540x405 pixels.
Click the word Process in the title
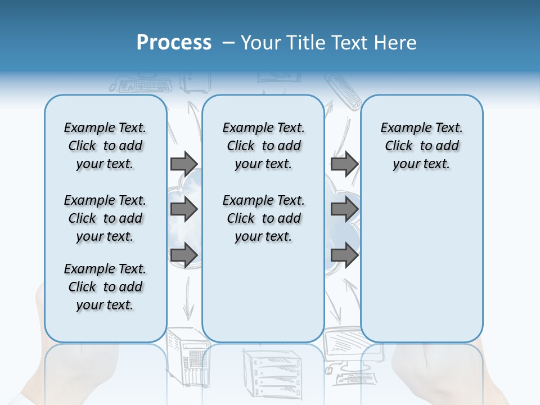click(x=174, y=42)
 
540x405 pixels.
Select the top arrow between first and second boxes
click(x=184, y=164)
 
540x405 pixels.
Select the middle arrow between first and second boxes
click(x=184, y=209)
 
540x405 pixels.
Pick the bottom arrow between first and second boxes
click(x=184, y=255)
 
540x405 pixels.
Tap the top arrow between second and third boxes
click(x=344, y=164)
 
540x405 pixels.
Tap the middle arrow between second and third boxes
click(x=344, y=209)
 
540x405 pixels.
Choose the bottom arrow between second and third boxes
click(x=344, y=255)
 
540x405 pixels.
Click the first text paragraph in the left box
click(x=105, y=146)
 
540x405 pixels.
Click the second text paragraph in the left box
click(x=105, y=218)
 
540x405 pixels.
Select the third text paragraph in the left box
click(x=105, y=287)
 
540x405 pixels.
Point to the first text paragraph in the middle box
click(x=263, y=146)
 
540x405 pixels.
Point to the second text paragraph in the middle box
click(x=263, y=218)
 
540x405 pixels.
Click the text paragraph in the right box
click(x=421, y=146)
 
